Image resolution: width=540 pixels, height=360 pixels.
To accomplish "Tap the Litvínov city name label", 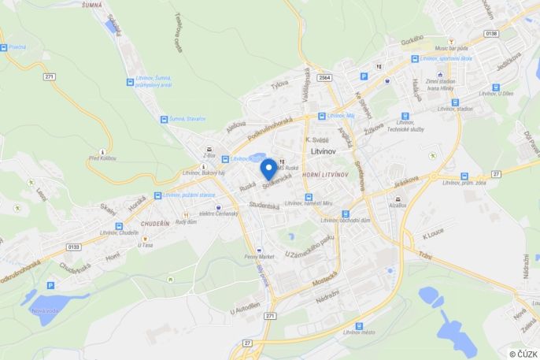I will (324, 149).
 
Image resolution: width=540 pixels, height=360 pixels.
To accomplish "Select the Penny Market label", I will (258, 257).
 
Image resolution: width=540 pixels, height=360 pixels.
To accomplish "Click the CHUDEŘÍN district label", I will (155, 224).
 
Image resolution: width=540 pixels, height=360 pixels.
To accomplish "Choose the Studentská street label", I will (264, 206).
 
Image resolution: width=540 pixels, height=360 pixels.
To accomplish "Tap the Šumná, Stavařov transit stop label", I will (187, 119).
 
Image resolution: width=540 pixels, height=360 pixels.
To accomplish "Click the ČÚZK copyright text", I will (523, 354).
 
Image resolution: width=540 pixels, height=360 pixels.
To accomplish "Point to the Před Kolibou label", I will (102, 159).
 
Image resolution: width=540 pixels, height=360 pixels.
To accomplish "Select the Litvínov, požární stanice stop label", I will (187, 195).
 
